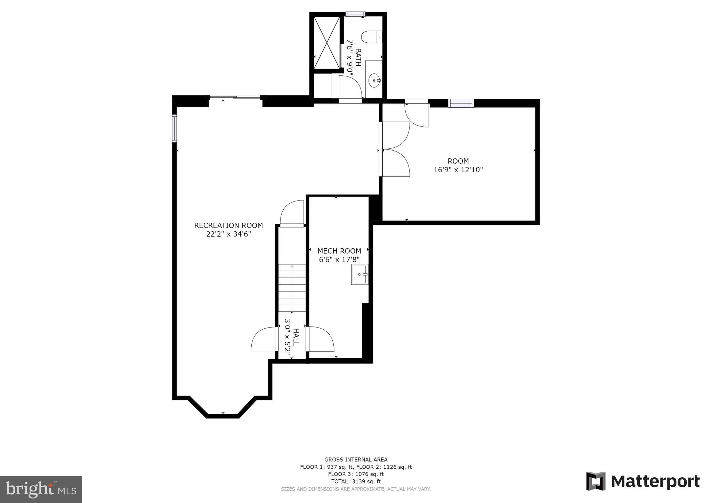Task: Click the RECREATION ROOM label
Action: click(228, 225)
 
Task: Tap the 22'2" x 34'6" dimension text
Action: click(228, 234)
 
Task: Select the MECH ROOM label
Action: click(339, 251)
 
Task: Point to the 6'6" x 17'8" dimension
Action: click(339, 259)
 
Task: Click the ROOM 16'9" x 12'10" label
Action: click(458, 165)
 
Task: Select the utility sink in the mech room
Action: click(359, 274)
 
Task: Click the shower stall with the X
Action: click(326, 42)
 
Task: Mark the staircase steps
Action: click(292, 288)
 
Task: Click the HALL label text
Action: click(296, 337)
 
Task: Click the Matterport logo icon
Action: click(596, 481)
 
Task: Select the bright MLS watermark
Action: click(41, 489)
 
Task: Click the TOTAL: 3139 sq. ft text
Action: click(356, 481)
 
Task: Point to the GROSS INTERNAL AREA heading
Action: click(356, 460)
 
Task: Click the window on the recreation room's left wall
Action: click(175, 129)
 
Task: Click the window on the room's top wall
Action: click(461, 103)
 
